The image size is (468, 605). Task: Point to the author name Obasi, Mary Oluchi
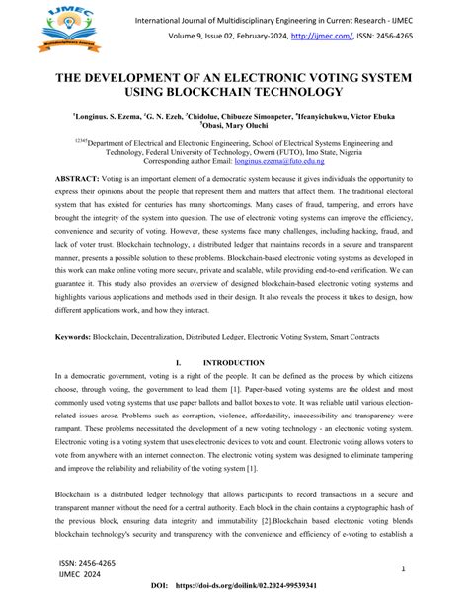(x=235, y=125)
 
